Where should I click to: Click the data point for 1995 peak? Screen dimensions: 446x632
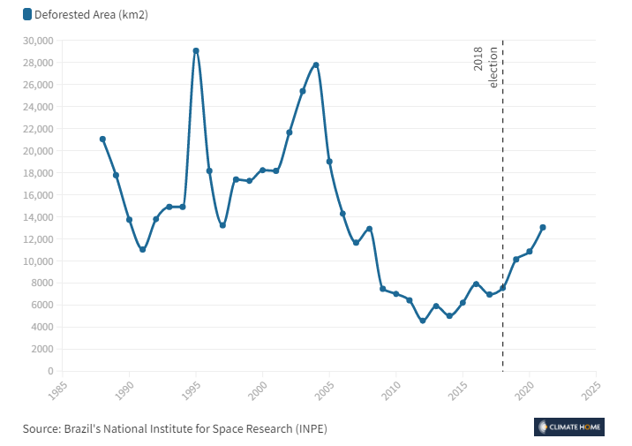coord(196,51)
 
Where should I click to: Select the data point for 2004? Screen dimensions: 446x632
coord(316,65)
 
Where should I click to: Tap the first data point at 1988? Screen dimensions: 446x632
coord(102,140)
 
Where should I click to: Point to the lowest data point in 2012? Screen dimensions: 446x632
coord(423,321)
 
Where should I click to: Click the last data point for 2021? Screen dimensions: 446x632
coord(543,227)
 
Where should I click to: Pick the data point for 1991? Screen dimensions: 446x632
coord(142,250)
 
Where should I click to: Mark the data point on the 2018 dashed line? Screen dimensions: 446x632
coord(502,288)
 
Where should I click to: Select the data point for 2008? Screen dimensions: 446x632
coord(369,229)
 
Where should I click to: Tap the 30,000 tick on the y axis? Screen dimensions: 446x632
coord(38,41)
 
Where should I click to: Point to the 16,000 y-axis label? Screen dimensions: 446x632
coord(38,195)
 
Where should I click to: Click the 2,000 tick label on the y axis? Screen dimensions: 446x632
coord(41,349)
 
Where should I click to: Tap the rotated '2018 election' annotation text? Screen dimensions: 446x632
coord(486,66)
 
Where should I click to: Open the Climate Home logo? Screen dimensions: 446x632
coord(569,427)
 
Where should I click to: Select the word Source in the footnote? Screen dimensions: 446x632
coord(41,428)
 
